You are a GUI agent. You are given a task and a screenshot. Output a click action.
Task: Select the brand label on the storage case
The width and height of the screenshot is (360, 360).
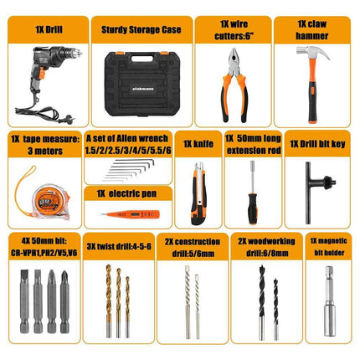pyautogui.click(x=143, y=89)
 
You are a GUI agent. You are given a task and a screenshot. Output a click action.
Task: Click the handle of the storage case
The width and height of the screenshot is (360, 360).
pyautogui.click(x=142, y=59)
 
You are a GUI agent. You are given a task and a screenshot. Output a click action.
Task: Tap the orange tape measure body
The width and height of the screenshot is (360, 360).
pyautogui.click(x=51, y=200)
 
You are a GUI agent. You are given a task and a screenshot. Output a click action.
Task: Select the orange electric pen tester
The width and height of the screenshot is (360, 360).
pyautogui.click(x=131, y=214)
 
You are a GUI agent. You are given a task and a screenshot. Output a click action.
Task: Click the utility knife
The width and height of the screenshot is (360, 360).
pyautogui.click(x=198, y=193)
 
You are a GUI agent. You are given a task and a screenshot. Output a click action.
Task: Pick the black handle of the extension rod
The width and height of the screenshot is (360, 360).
pyautogui.click(x=253, y=208)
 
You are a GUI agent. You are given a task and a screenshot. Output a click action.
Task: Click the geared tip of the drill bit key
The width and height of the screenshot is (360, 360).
pyautogui.click(x=329, y=183)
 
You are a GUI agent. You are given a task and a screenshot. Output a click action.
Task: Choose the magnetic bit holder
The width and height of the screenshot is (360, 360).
pyautogui.click(x=329, y=301)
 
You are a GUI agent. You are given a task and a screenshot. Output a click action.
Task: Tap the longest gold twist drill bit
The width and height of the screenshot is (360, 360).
pyautogui.click(x=109, y=301)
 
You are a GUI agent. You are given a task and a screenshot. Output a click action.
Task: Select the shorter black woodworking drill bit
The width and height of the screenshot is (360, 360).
pyautogui.click(x=275, y=309)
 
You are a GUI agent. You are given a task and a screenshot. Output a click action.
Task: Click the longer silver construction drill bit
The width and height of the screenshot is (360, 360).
pyautogui.click(x=188, y=302)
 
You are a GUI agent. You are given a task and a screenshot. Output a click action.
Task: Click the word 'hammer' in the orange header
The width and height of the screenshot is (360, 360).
pyautogui.click(x=312, y=36)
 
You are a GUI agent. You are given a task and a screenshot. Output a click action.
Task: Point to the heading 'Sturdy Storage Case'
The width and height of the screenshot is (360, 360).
pyautogui.click(x=141, y=29)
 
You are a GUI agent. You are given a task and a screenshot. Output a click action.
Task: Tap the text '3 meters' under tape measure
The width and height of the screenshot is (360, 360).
pyautogui.click(x=45, y=151)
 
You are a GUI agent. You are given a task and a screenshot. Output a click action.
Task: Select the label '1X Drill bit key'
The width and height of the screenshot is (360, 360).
pyautogui.click(x=317, y=144)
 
